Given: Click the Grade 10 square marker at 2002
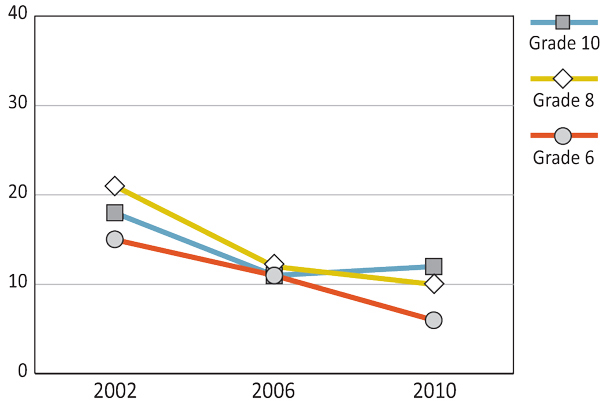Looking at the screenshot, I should click(x=115, y=213).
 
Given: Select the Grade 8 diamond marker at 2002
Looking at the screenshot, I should click(x=115, y=186).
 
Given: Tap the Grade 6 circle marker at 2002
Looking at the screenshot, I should click(x=115, y=239).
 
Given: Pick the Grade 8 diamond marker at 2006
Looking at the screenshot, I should click(x=274, y=265).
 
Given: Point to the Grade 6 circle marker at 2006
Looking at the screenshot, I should click(x=274, y=275).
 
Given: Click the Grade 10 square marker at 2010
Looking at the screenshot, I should click(x=434, y=266).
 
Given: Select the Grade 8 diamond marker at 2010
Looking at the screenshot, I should click(x=434, y=284).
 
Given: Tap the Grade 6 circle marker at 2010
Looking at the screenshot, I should click(x=434, y=320).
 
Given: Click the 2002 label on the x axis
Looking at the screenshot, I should click(x=115, y=390).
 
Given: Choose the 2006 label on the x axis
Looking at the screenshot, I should click(x=274, y=390).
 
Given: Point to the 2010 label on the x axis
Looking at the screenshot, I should click(x=434, y=390).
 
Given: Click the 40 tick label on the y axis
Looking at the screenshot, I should click(x=17, y=16).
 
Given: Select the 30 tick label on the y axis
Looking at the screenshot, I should click(x=17, y=105).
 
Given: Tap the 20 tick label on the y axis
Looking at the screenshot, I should click(x=17, y=195).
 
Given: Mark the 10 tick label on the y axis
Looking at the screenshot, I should click(x=17, y=284).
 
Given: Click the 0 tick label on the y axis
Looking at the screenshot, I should click(x=22, y=373).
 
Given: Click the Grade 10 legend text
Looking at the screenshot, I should click(x=564, y=43).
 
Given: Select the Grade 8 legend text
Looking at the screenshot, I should click(x=563, y=100).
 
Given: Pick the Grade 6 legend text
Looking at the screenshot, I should click(x=563, y=157).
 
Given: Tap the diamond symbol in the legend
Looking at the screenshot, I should click(x=563, y=78).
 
